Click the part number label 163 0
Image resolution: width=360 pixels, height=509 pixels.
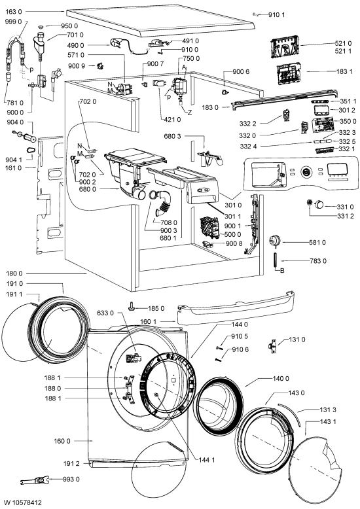[x=14, y=12]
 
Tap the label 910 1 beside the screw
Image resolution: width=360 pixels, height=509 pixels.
[x=276, y=14]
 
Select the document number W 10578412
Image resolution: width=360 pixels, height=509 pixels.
[x=21, y=503]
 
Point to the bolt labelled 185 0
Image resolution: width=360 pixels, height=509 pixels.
[x=132, y=306]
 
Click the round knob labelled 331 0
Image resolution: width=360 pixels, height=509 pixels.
[x=319, y=205]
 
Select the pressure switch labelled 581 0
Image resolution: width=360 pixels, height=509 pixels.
[x=275, y=241]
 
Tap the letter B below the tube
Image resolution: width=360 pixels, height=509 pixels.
[x=282, y=270]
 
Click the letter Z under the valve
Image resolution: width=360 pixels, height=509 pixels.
[x=189, y=113]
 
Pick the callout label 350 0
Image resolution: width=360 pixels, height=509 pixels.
[x=348, y=121]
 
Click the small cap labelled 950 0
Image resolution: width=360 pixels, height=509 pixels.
[x=41, y=27]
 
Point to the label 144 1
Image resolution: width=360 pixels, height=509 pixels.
[x=206, y=460]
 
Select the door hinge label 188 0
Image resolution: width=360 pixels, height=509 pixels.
[x=52, y=388]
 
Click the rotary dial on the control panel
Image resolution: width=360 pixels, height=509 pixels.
[x=306, y=171]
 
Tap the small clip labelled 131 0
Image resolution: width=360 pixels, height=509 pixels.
[x=273, y=345]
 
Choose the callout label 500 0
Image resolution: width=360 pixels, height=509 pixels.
[x=232, y=234]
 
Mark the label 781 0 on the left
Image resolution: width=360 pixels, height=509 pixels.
[x=15, y=103]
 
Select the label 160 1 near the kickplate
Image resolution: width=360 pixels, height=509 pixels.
[x=148, y=321]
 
